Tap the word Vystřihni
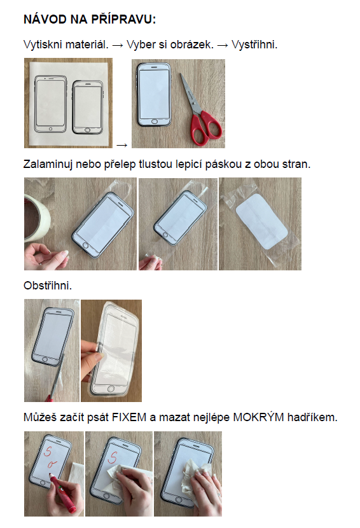pyautogui.click(x=254, y=45)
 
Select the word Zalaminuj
pyautogui.click(x=48, y=164)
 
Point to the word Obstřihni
pyautogui.click(x=48, y=286)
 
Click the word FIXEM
pyautogui.click(x=129, y=417)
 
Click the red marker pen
pyautogui.click(x=63, y=493)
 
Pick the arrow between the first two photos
pyautogui.click(x=121, y=145)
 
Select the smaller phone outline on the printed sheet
pyautogui.click(x=88, y=107)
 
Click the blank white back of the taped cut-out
pyautogui.click(x=262, y=221)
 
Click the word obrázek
pyautogui.click(x=192, y=45)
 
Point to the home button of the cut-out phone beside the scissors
pyautogui.click(x=155, y=122)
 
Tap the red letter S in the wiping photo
pyautogui.click(x=113, y=457)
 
